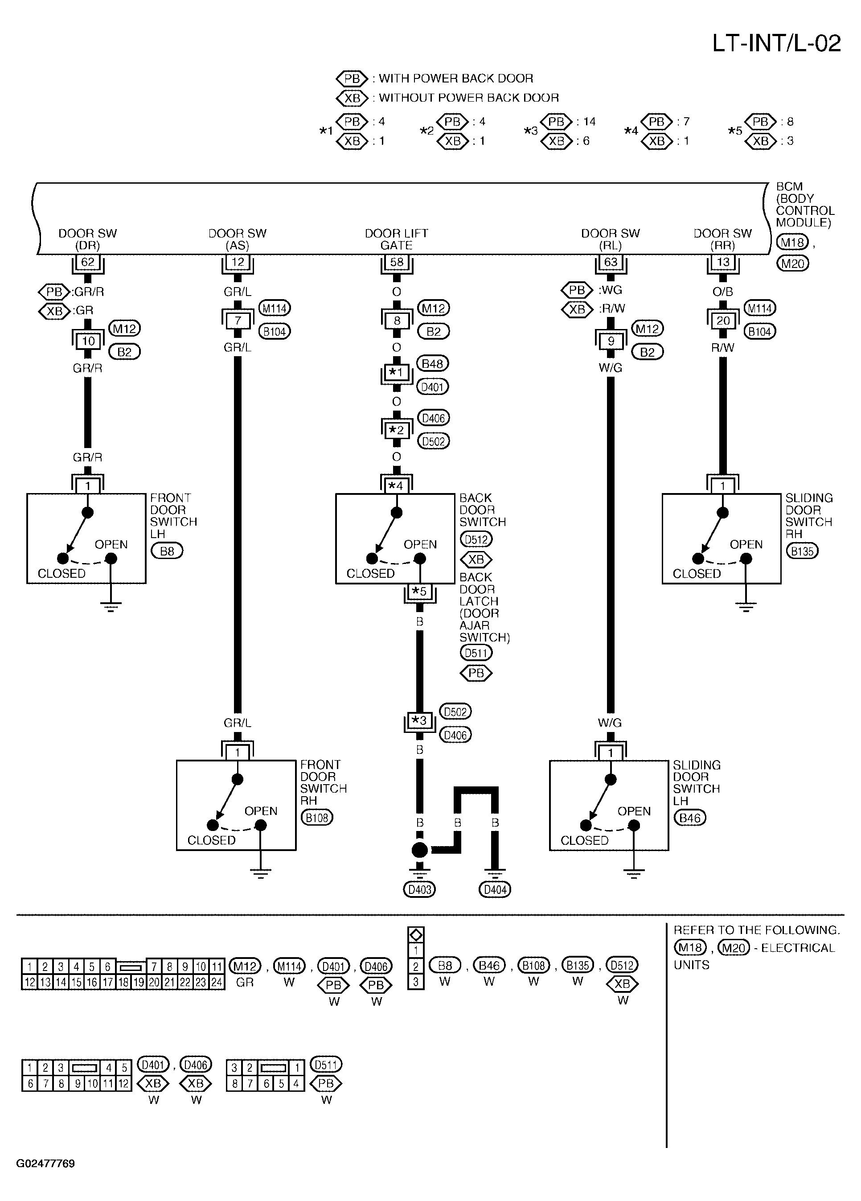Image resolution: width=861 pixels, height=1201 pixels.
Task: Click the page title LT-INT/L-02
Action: (x=776, y=43)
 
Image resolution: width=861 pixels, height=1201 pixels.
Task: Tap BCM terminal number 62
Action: (x=87, y=262)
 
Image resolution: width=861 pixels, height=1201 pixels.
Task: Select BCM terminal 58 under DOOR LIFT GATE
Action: (x=397, y=262)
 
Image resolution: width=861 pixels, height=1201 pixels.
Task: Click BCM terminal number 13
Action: (x=723, y=262)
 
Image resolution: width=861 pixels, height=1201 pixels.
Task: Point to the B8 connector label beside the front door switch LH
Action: (x=167, y=551)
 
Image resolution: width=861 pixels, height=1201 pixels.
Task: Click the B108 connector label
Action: (x=317, y=818)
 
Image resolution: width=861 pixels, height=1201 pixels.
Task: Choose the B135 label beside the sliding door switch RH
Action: (x=802, y=551)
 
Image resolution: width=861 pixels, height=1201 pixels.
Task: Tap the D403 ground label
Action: (x=419, y=890)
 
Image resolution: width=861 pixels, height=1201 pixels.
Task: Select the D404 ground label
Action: (x=495, y=890)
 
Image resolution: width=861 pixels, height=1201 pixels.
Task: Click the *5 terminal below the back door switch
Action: (x=419, y=592)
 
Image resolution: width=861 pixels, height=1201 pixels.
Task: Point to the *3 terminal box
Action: (x=419, y=720)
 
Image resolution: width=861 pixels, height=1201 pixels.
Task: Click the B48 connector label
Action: (x=433, y=364)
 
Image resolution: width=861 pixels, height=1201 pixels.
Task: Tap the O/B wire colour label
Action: (x=723, y=292)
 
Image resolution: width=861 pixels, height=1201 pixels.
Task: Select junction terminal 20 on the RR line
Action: (x=723, y=321)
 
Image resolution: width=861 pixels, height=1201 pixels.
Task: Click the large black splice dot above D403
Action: (x=419, y=850)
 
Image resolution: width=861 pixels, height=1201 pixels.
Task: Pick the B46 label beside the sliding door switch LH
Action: (x=690, y=818)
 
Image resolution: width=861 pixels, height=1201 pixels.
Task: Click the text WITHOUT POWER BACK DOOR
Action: (x=469, y=98)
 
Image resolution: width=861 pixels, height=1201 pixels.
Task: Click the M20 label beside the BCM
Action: (x=792, y=263)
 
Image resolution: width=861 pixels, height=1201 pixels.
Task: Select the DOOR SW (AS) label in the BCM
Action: (x=237, y=239)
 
